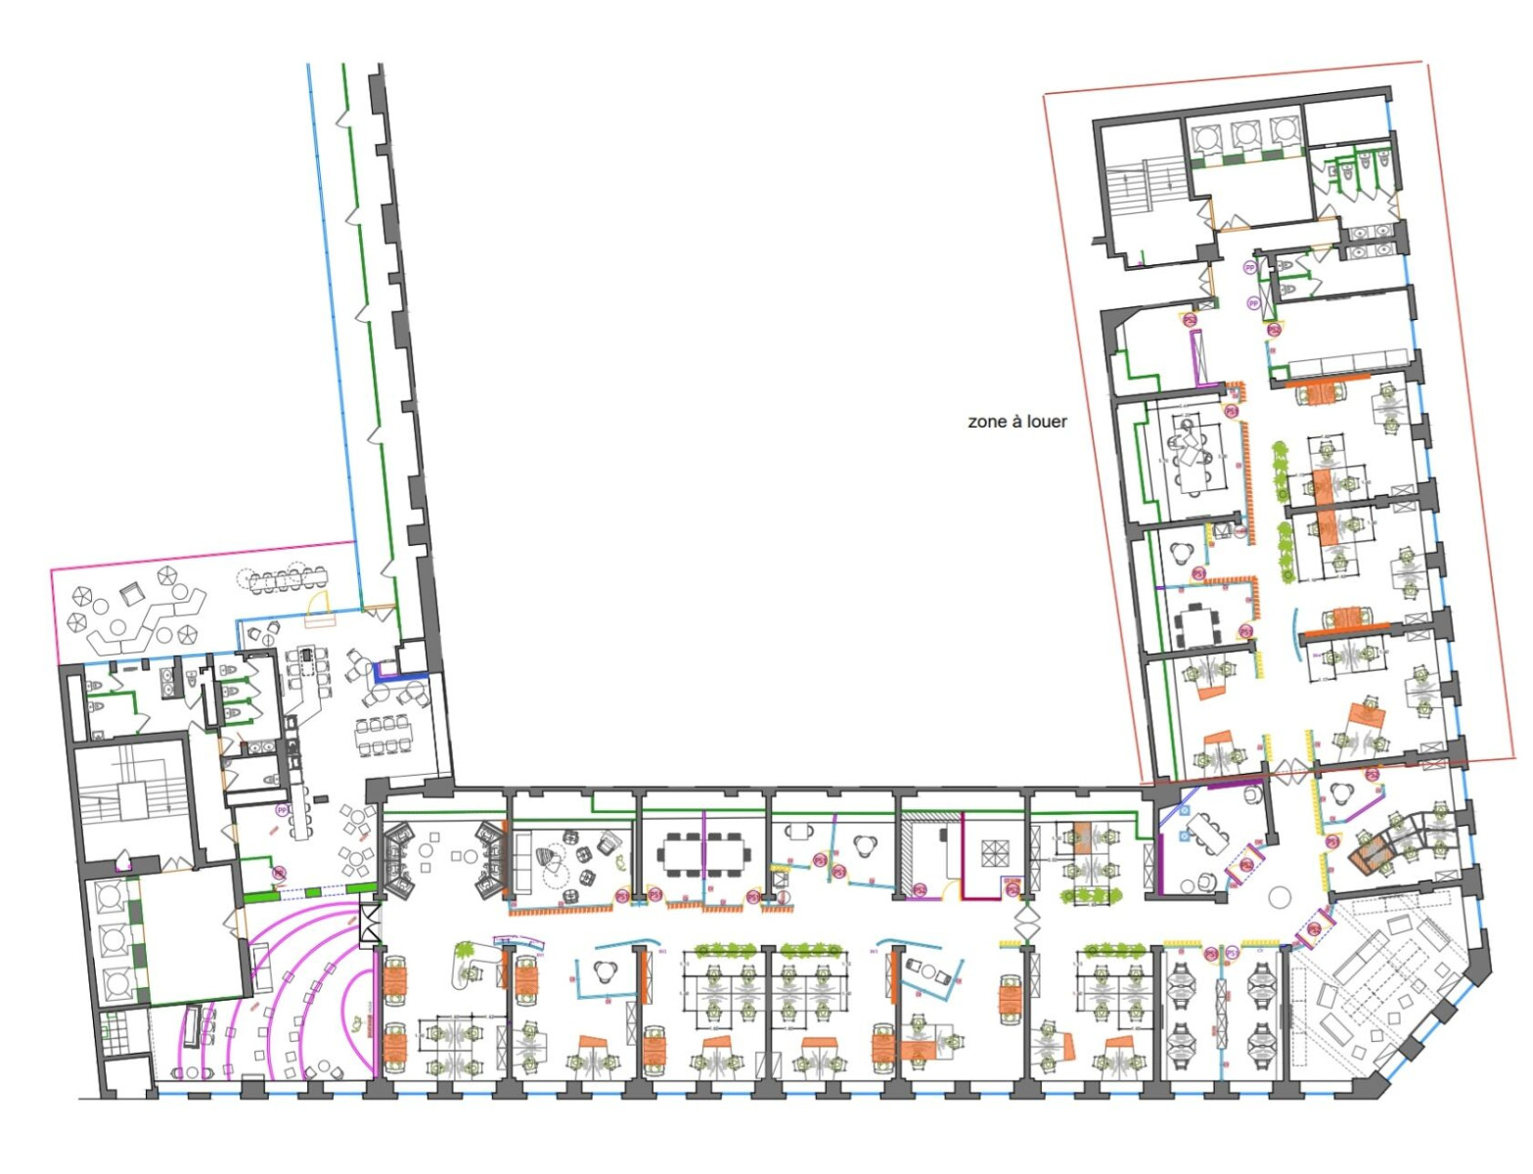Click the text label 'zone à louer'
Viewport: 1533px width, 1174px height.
(x=1016, y=422)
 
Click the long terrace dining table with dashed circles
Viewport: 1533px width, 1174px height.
(x=285, y=581)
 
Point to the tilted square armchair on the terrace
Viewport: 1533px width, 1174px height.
(x=132, y=594)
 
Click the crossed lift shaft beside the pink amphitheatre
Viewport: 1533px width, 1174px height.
(x=370, y=924)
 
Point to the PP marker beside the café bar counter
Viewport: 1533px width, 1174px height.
(x=282, y=810)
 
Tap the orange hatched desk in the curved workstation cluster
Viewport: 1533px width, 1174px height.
(x=1370, y=857)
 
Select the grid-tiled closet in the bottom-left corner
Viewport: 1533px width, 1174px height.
(x=115, y=1030)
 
